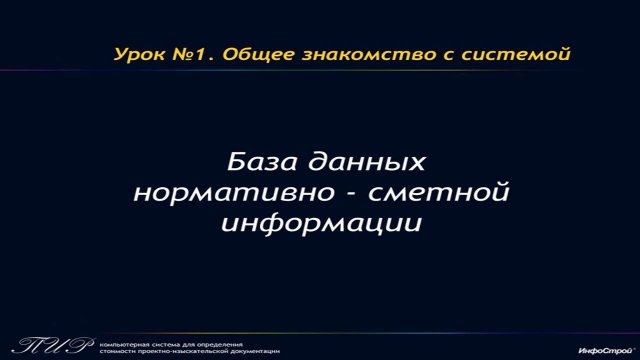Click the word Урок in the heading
138,53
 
